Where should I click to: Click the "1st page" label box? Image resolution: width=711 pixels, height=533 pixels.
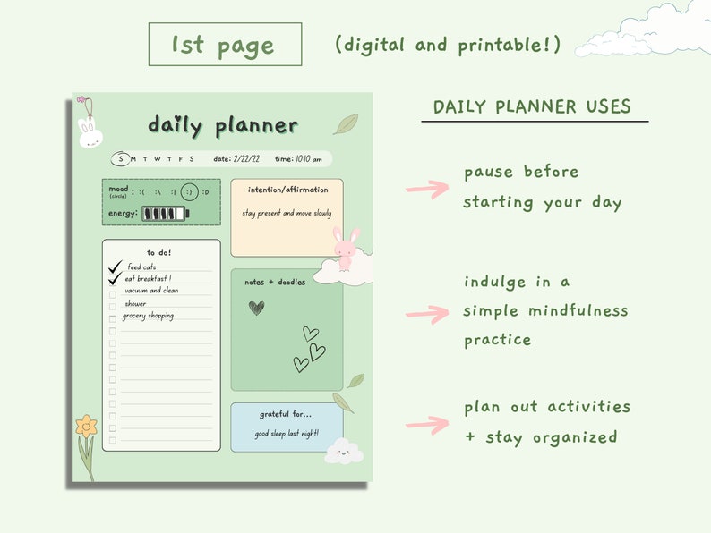point(225,45)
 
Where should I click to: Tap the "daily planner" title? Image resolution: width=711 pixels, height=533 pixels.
point(223,125)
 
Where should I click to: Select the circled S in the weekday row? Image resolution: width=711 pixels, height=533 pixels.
point(121,159)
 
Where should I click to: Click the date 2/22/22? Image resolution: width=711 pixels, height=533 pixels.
point(246,159)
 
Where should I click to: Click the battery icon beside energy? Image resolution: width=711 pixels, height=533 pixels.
point(166,214)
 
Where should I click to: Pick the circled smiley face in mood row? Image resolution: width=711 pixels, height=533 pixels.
point(189,192)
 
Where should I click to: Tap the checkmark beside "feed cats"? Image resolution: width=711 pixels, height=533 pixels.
point(115,266)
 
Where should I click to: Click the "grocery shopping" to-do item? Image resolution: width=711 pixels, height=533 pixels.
point(148,316)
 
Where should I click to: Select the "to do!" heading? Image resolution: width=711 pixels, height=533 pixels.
point(159,252)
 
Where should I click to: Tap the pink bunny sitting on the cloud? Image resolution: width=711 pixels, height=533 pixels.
point(347,248)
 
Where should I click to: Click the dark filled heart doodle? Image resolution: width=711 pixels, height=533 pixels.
point(256,308)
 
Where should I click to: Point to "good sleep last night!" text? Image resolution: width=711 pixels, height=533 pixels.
point(287,434)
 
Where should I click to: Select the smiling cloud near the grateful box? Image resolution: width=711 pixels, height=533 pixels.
point(343,453)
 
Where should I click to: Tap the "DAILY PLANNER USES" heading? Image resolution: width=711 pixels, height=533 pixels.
point(532,107)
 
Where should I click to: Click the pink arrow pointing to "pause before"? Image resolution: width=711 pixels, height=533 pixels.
point(427,189)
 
